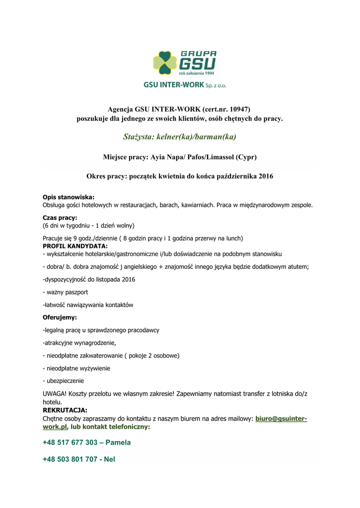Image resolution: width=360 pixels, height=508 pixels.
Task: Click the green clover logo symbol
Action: (164, 63)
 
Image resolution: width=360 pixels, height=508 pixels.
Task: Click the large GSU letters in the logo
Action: (197, 64)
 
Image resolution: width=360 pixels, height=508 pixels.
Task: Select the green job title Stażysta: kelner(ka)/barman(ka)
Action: (179, 136)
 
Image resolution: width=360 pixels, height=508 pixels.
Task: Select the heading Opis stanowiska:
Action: (69, 197)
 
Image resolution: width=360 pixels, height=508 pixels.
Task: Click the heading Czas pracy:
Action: (60, 217)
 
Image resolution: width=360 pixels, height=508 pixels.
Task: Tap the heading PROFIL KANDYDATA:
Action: (75, 246)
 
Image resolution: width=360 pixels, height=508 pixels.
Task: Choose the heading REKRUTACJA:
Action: (65, 410)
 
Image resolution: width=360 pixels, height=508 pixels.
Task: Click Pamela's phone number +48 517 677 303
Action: (70, 443)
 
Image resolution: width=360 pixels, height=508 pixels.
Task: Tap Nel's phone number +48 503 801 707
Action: (70, 459)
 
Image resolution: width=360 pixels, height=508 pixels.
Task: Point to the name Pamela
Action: (118, 443)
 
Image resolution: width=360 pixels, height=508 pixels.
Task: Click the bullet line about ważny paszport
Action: (66, 292)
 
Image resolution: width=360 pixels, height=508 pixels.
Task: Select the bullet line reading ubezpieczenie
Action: (64, 381)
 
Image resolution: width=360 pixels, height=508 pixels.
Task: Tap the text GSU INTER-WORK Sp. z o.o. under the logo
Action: (185, 85)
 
